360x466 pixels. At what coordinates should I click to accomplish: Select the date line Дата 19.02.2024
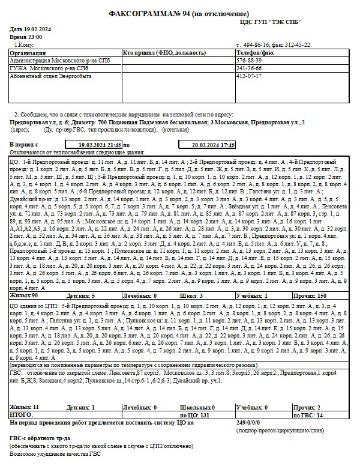pyautogui.click(x=30, y=29)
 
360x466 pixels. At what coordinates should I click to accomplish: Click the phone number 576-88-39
pyautogui.click(x=251, y=61)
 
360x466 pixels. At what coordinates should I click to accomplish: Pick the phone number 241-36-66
pyautogui.click(x=251, y=68)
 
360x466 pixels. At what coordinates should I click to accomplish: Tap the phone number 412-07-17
pyautogui.click(x=251, y=76)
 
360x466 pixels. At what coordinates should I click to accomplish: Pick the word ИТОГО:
pyautogui.click(x=22, y=415)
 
